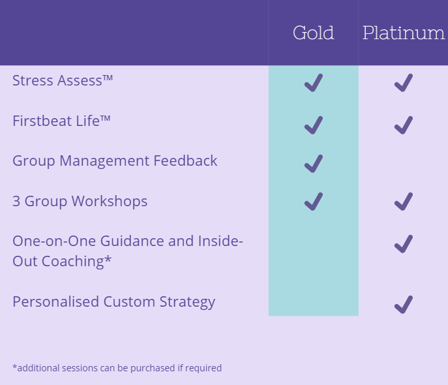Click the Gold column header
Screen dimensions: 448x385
tap(314, 33)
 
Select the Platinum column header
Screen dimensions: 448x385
tap(404, 33)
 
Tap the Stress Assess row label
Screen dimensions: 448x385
tap(63, 80)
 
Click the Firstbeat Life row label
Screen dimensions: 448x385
tap(61, 121)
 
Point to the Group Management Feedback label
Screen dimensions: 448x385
tap(115, 161)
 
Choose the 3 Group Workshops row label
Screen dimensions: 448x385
tap(80, 202)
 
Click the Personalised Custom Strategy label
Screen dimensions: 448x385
tap(113, 302)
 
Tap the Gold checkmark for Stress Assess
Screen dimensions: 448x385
tap(314, 83)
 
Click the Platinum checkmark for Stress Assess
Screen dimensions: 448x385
tap(404, 83)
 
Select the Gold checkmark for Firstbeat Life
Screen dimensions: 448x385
tap(314, 125)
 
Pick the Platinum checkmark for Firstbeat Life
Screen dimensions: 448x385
tap(404, 125)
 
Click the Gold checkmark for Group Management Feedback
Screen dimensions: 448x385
tap(314, 164)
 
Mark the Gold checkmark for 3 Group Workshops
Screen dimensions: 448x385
tap(314, 202)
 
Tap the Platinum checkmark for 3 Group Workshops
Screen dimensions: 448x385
tap(404, 202)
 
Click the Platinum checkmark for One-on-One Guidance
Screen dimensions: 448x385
tap(404, 244)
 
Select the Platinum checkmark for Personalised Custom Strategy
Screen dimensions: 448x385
tap(404, 305)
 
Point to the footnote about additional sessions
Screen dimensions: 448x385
tap(117, 368)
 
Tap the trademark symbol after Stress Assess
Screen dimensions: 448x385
tap(108, 78)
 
